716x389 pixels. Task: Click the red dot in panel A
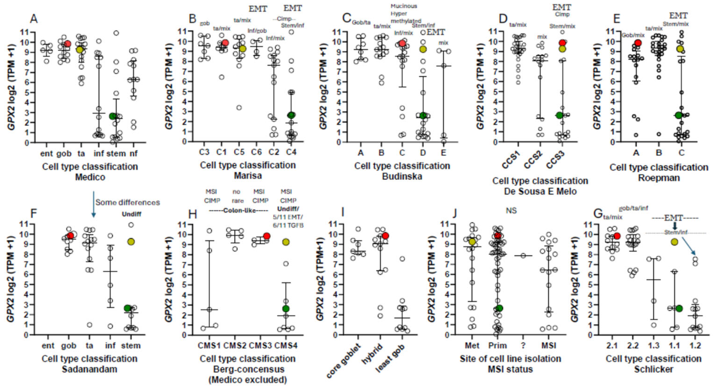coord(67,44)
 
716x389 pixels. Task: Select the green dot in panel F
coord(128,308)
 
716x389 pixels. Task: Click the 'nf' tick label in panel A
coord(133,154)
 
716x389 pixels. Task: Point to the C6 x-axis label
coord(256,152)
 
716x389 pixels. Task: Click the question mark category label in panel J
coord(523,346)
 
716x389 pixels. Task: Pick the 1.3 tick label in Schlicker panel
coord(653,346)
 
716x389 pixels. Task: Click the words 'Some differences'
coord(128,202)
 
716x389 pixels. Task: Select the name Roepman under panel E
coord(659,178)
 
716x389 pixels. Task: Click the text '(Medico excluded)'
coord(247,380)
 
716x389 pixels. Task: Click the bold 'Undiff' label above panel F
coord(131,214)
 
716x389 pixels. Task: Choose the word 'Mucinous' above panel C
coord(404,6)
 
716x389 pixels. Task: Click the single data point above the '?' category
coord(523,256)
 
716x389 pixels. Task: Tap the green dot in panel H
coord(286,309)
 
